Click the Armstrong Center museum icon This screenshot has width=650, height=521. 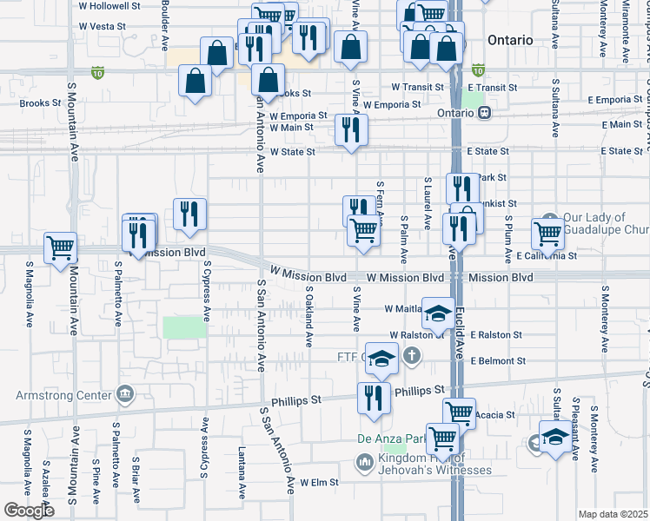pos(126,396)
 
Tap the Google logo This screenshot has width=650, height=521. pos(29,511)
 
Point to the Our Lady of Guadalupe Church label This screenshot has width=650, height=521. pos(606,224)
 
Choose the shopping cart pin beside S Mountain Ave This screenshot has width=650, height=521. pos(61,248)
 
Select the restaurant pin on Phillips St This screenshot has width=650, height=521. pos(375,398)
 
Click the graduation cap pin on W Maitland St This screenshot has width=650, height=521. pos(439,311)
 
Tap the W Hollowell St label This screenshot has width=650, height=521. pos(109,6)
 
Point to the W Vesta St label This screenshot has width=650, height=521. pos(102,27)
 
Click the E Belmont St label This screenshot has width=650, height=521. pos(497,360)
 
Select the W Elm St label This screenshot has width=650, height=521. pos(319,482)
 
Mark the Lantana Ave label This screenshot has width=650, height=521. pos(242,473)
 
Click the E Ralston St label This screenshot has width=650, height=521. pos(496,334)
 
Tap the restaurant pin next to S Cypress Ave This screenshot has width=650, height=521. pos(189,214)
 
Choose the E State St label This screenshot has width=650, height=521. pos(493,151)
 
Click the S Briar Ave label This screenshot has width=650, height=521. pos(136,479)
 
